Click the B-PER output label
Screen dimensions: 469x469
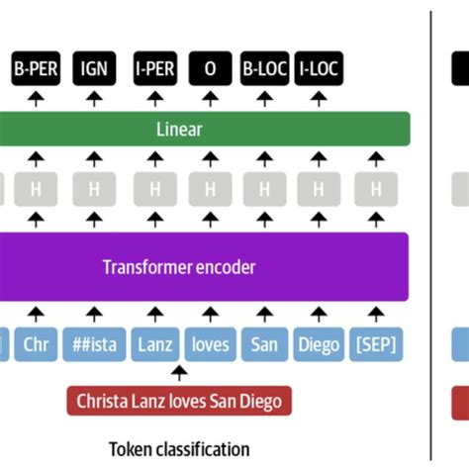click(x=35, y=71)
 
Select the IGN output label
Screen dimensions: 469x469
click(x=94, y=71)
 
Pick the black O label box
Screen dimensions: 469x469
click(x=209, y=71)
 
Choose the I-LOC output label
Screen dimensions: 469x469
click(x=319, y=71)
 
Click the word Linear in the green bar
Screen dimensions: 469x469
click(x=179, y=130)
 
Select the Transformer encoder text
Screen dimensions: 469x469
click(x=179, y=266)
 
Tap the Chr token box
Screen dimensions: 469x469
click(x=35, y=344)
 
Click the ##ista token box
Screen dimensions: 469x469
click(x=94, y=344)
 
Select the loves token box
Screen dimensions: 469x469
click(x=209, y=344)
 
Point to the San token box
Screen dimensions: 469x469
click(x=264, y=344)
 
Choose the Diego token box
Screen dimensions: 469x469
click(x=319, y=344)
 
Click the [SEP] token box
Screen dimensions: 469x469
click(x=375, y=344)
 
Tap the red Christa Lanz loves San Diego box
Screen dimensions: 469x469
click(x=179, y=401)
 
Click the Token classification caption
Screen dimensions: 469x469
click(x=179, y=448)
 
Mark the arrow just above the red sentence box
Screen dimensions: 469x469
click(x=179, y=374)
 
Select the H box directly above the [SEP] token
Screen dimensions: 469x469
click(x=375, y=188)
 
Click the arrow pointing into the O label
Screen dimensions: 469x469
click(x=209, y=98)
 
